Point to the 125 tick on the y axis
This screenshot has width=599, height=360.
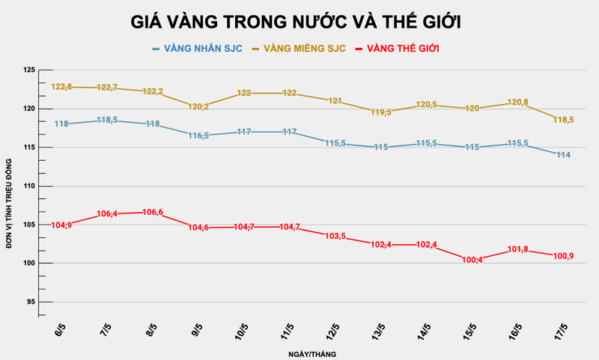pyautogui.click(x=29, y=70)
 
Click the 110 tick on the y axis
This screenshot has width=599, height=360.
pyautogui.click(x=29, y=186)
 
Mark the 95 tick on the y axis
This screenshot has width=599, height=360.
pyautogui.click(x=31, y=302)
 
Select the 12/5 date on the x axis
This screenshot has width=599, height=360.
pyautogui.click(x=332, y=330)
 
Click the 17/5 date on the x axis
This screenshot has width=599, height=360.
pyautogui.click(x=559, y=330)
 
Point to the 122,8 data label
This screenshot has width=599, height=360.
pyautogui.click(x=61, y=87)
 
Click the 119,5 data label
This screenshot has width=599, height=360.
pyautogui.click(x=380, y=112)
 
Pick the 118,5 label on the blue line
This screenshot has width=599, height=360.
pyautogui.click(x=106, y=120)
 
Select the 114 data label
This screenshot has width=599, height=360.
pyautogui.click(x=562, y=155)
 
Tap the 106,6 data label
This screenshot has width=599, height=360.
pyautogui.click(x=152, y=213)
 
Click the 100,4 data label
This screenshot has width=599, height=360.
pyautogui.click(x=472, y=260)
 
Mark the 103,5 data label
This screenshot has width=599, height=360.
pyautogui.click(x=335, y=236)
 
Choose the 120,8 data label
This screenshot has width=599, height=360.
pyautogui.click(x=517, y=102)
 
